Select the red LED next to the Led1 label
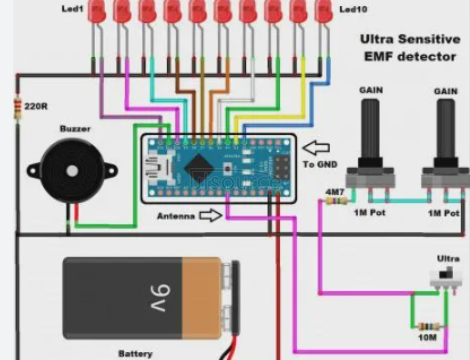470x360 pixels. pyautogui.click(x=97, y=12)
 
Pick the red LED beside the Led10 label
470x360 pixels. pyautogui.click(x=323, y=12)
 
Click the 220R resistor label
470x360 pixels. pyautogui.click(x=37, y=105)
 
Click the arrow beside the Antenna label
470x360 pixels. pyautogui.click(x=210, y=214)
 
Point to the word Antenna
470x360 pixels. pyautogui.click(x=176, y=215)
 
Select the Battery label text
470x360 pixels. pyautogui.click(x=135, y=352)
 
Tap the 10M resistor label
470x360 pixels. pyautogui.click(x=427, y=340)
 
